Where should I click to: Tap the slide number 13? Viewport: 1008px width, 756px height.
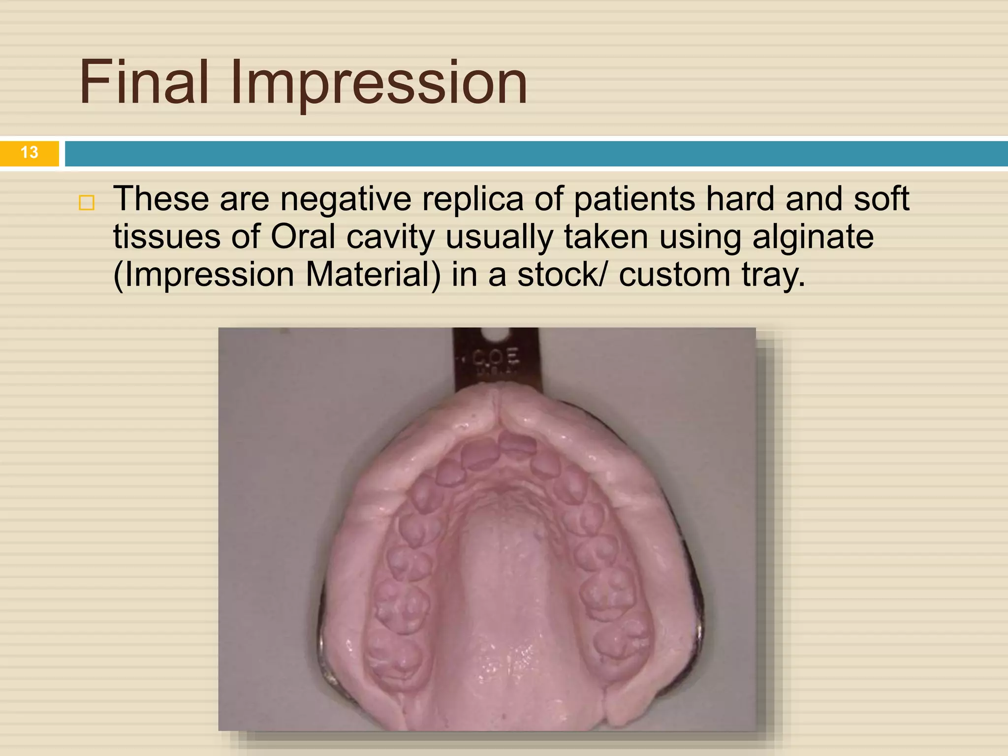[x=30, y=152]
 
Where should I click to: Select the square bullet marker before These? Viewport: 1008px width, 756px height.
[x=87, y=202]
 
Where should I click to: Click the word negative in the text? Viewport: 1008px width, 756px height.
[x=346, y=200]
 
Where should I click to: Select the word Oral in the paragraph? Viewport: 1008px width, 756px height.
[x=303, y=237]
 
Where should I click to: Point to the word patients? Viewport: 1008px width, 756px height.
[x=634, y=200]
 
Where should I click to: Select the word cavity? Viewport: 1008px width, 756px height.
[x=390, y=238]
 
